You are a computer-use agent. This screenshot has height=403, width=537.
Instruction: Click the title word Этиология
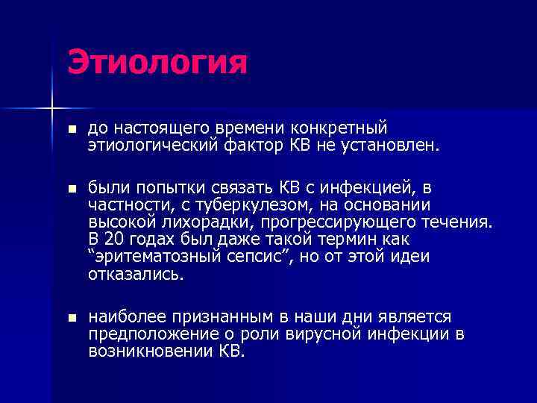pyautogui.click(x=157, y=63)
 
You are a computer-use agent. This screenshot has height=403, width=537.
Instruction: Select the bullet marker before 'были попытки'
pyautogui.click(x=72, y=186)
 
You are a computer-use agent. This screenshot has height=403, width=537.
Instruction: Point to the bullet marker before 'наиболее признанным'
pyautogui.click(x=72, y=318)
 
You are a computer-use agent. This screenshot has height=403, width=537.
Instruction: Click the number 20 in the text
pyautogui.click(x=113, y=239)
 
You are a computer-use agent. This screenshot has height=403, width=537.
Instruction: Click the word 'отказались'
pyautogui.click(x=135, y=274)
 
